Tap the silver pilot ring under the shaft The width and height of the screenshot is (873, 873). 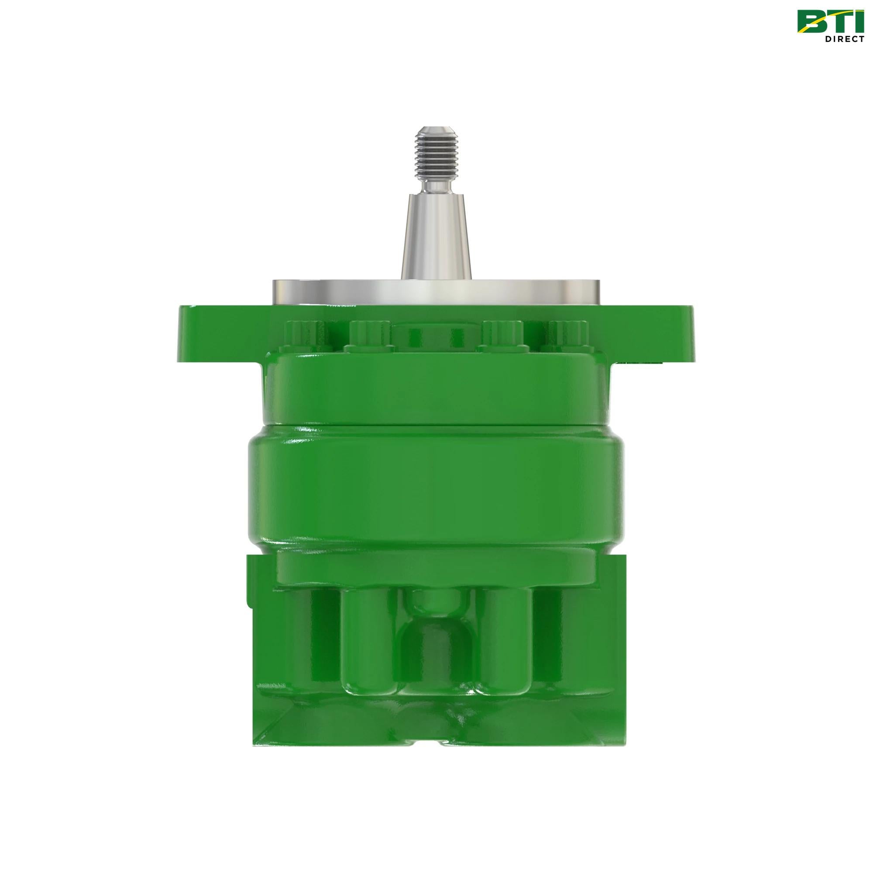coord(436,292)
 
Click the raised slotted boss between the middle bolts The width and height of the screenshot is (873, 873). coord(436,339)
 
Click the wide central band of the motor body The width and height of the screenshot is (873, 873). coord(436,488)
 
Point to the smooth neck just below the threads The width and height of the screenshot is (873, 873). coord(436,185)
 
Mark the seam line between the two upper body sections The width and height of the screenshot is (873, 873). coord(436,426)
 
